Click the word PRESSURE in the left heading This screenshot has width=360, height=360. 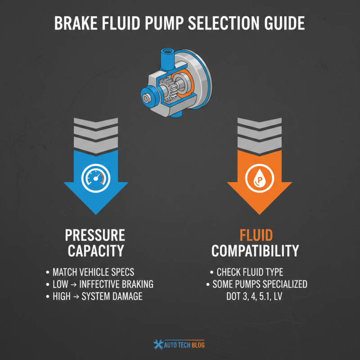tap(95, 235)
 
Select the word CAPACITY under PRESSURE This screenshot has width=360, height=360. tap(95, 251)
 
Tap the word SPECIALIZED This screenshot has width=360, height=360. tap(283, 284)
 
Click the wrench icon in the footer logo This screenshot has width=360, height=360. tap(158, 344)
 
